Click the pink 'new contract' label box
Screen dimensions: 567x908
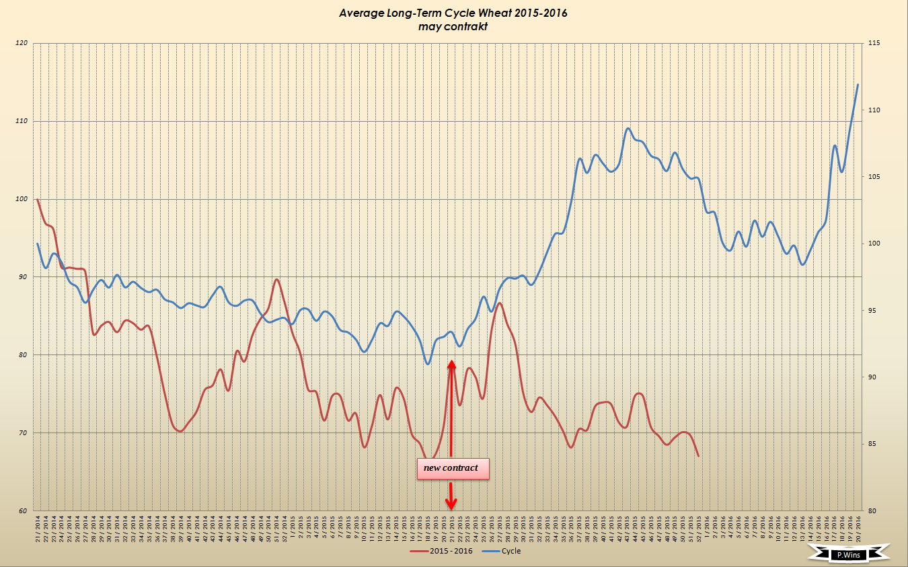452,469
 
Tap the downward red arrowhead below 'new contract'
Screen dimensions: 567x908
451,504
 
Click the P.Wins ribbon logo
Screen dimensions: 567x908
847,554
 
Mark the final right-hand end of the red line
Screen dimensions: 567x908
699,456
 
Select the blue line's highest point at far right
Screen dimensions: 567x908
858,84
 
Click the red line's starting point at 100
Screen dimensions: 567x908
37,199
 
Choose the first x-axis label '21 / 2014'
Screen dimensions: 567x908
37,528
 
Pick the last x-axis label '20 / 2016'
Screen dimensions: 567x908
858,528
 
